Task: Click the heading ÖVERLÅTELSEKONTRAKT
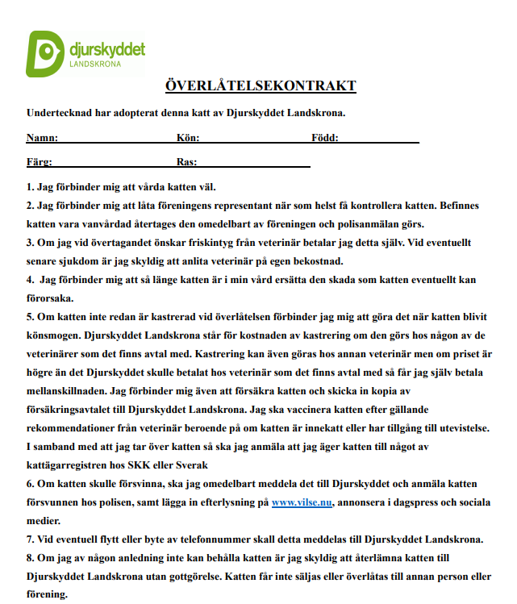(x=261, y=86)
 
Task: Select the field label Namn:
(x=42, y=138)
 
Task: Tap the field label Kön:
(x=188, y=138)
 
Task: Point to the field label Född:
(x=324, y=138)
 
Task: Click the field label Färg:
(x=40, y=161)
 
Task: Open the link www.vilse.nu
(x=301, y=502)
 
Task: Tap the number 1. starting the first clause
(x=31, y=186)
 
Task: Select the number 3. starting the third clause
(x=31, y=242)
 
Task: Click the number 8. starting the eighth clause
(x=31, y=558)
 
